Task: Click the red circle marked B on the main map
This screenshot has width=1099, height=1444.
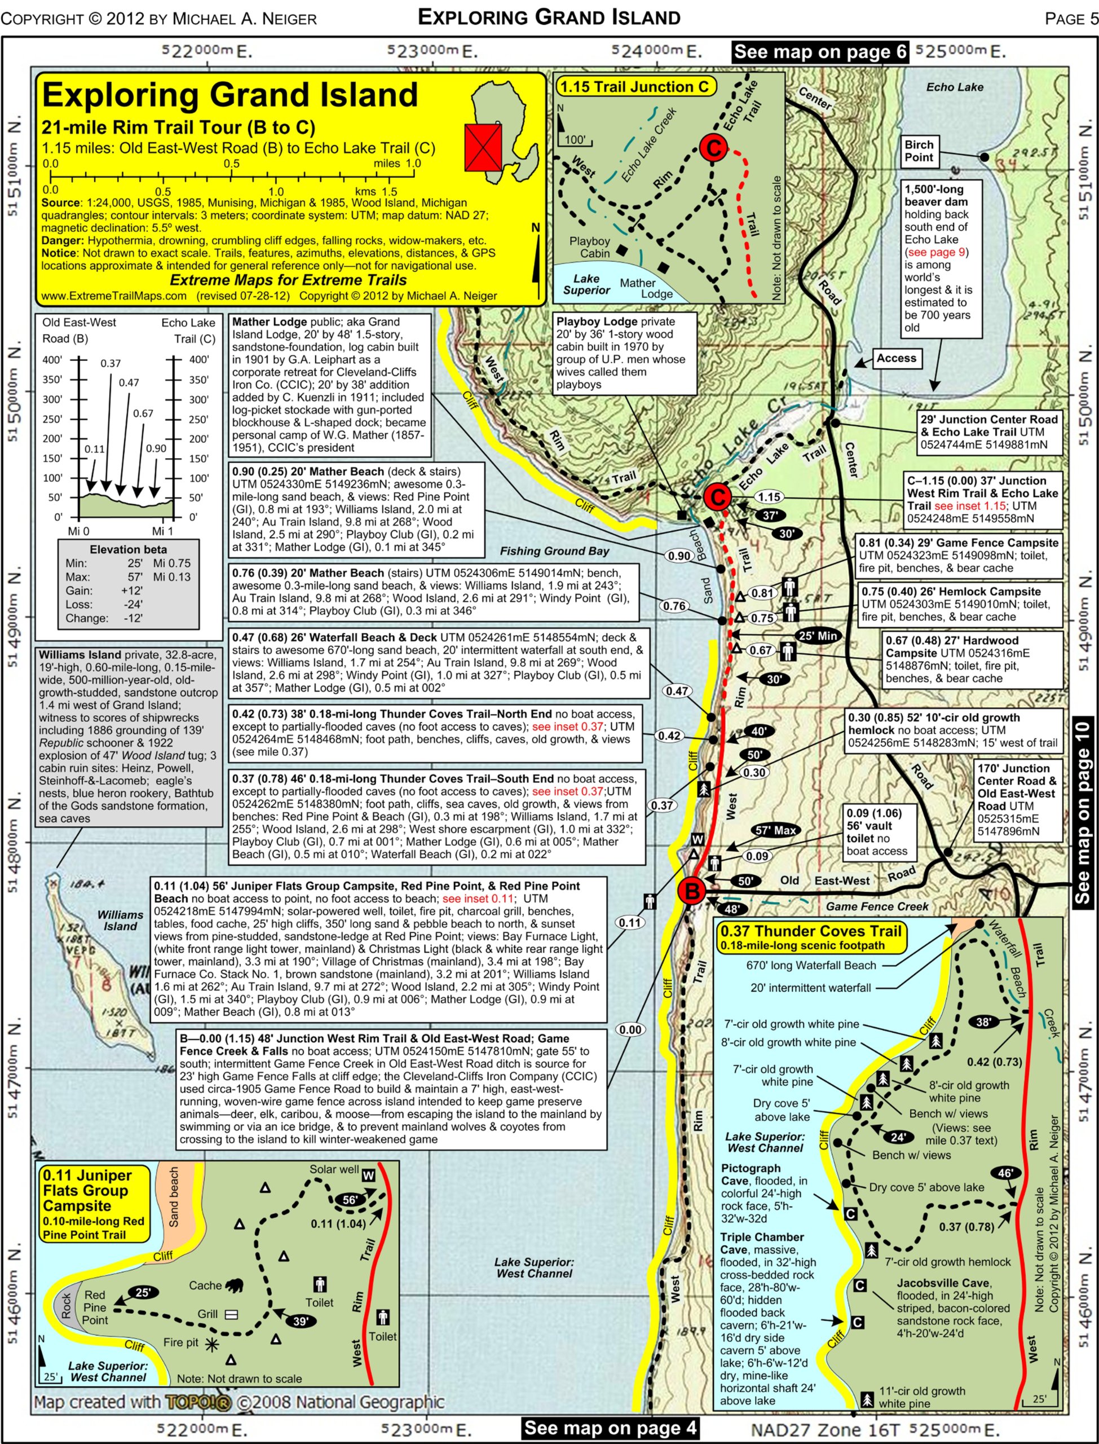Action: (x=691, y=891)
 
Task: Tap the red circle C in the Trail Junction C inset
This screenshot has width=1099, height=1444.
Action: (x=712, y=147)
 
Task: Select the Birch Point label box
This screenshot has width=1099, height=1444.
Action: (x=919, y=151)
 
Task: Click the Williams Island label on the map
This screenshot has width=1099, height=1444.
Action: (x=120, y=920)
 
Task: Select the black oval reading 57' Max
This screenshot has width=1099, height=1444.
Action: (x=776, y=830)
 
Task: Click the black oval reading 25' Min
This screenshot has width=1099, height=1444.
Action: (x=818, y=635)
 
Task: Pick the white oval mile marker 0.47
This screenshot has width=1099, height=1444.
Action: (x=677, y=691)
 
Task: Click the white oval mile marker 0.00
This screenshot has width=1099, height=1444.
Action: (x=630, y=1030)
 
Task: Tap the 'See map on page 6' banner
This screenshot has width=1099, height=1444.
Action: (x=820, y=52)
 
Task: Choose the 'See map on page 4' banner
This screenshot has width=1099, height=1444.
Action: (x=610, y=1428)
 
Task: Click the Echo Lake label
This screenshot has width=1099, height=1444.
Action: (x=955, y=87)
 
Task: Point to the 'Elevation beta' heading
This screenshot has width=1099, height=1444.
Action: (x=128, y=549)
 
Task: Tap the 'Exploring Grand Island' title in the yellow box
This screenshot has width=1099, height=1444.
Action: (x=229, y=95)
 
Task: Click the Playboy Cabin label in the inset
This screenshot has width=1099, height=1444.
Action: (x=589, y=247)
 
